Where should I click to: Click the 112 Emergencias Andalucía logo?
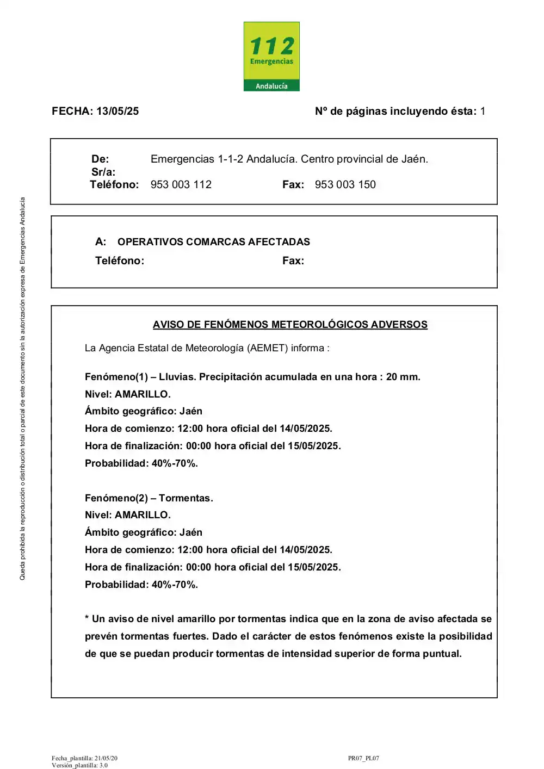[x=271, y=56]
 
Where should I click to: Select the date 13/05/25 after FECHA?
[x=118, y=111]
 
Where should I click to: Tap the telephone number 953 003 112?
[x=181, y=185]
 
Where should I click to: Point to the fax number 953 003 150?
[x=345, y=185]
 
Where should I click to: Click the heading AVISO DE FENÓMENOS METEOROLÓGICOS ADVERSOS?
[x=290, y=325]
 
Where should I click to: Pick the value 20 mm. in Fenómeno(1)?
[x=403, y=377]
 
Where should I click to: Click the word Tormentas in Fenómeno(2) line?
[x=186, y=498]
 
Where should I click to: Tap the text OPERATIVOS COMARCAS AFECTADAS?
[x=214, y=242]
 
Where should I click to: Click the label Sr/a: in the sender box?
[x=103, y=172]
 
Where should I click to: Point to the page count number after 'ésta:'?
[x=483, y=111]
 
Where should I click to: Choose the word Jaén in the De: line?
[x=415, y=159]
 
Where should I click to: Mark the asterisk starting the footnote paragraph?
[x=87, y=619]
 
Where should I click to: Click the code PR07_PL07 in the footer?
[x=363, y=758]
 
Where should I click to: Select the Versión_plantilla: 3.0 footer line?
[x=79, y=765]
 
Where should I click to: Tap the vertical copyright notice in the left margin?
[x=22, y=388]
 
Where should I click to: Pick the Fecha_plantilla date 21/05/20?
[x=106, y=758]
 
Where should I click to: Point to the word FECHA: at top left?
[x=72, y=111]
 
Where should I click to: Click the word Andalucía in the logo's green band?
[x=271, y=86]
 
